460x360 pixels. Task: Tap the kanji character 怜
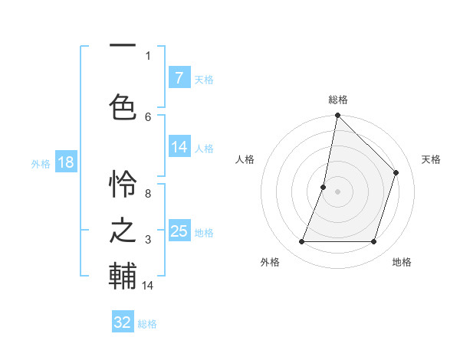(x=123, y=184)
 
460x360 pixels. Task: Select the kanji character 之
(x=123, y=230)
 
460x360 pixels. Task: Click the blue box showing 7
(x=179, y=78)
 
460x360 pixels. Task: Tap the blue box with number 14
(x=179, y=147)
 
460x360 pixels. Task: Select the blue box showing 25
(x=179, y=231)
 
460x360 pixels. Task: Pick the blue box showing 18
(x=65, y=162)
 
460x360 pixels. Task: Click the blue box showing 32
(x=123, y=322)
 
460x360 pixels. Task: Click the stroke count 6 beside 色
(x=148, y=116)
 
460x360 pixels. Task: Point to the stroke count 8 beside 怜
(x=148, y=194)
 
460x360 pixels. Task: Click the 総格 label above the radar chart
(x=337, y=100)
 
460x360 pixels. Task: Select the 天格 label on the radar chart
(x=431, y=159)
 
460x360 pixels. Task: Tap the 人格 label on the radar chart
(x=245, y=159)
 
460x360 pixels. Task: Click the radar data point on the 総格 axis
(x=337, y=116)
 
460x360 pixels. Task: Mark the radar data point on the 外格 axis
(x=301, y=242)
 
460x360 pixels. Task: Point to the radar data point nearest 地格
(x=373, y=242)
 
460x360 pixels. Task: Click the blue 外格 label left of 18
(x=40, y=163)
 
